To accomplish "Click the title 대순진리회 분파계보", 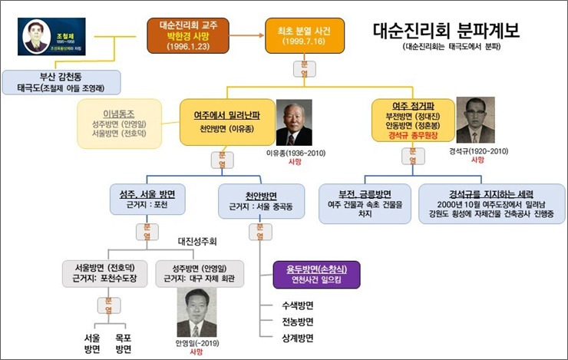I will coord(445,31).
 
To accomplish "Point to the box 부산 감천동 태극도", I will coord(61,81).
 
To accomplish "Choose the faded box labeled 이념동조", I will coord(118,122).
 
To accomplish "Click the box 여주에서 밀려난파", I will coord(226,121).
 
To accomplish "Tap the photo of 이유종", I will coord(293,123).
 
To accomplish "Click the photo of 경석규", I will coord(475,120).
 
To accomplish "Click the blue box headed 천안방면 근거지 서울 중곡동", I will coord(258,200).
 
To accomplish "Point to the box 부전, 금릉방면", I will coord(365,202).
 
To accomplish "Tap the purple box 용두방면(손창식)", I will coord(315,274).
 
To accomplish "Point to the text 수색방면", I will coord(297,306).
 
